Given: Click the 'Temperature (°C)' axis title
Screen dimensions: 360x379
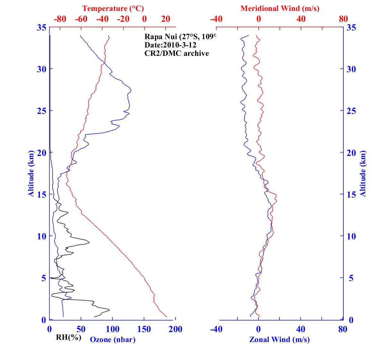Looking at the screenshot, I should point(113,8).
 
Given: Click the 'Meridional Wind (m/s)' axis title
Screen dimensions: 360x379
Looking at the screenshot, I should point(280,8).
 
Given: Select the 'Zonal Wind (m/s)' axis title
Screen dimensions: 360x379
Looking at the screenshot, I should point(279,339).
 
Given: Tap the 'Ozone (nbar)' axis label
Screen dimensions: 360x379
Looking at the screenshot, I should point(113,339).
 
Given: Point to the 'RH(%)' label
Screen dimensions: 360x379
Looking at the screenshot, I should point(68,337).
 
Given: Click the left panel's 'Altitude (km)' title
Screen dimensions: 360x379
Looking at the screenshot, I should point(31,173).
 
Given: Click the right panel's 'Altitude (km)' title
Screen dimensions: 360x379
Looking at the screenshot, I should point(363,173).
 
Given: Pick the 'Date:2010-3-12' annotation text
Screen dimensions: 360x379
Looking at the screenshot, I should point(170,45).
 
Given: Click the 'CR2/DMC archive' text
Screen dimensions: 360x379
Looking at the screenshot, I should point(177,53).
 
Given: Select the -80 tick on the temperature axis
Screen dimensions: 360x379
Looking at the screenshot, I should point(60,19).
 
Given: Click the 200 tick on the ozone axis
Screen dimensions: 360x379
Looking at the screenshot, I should point(175,329).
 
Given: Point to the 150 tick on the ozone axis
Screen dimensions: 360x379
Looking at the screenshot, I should point(144,329).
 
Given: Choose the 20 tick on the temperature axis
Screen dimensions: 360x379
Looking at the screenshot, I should point(166,19).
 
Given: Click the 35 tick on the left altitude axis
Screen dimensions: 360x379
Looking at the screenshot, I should point(41,28).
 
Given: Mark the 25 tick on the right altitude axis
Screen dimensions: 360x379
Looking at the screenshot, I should point(350,111).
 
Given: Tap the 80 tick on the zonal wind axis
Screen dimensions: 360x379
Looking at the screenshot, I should point(343,329).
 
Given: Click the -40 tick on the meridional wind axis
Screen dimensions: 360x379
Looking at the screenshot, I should point(216,19).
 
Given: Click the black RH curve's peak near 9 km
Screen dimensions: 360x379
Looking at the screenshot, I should point(89,242).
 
